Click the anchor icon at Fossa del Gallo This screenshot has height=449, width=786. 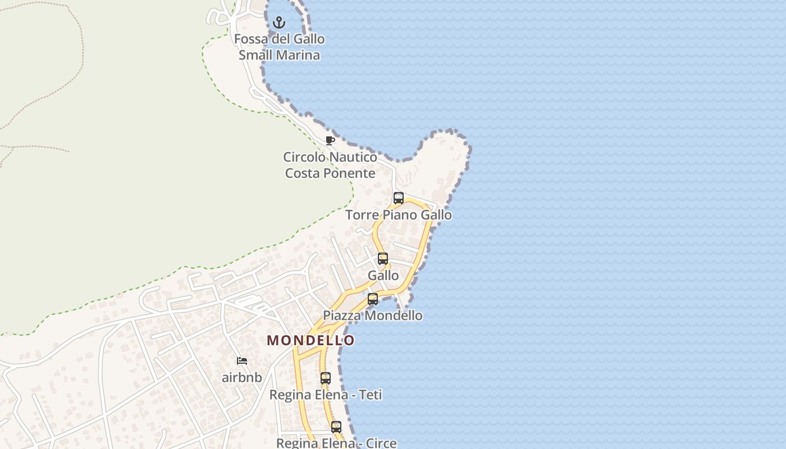(279, 23)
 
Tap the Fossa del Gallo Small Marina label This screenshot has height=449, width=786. (279, 47)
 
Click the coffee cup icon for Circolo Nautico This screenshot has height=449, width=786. (330, 140)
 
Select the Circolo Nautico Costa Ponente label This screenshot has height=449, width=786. (330, 165)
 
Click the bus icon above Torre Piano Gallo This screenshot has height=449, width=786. (399, 198)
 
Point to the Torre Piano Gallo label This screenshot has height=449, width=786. (399, 215)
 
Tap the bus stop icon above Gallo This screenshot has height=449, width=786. (383, 259)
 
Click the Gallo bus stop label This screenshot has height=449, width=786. (383, 276)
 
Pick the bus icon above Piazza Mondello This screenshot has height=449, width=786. (373, 299)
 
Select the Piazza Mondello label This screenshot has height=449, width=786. (373, 315)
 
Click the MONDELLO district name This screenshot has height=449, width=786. (311, 340)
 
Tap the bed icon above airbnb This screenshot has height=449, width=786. (242, 361)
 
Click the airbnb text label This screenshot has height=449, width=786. (242, 377)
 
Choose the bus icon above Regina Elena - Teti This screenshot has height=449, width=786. (326, 378)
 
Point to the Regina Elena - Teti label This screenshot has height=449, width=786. (326, 395)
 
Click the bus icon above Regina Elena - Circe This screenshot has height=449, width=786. (336, 427)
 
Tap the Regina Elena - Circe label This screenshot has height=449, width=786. (336, 443)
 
